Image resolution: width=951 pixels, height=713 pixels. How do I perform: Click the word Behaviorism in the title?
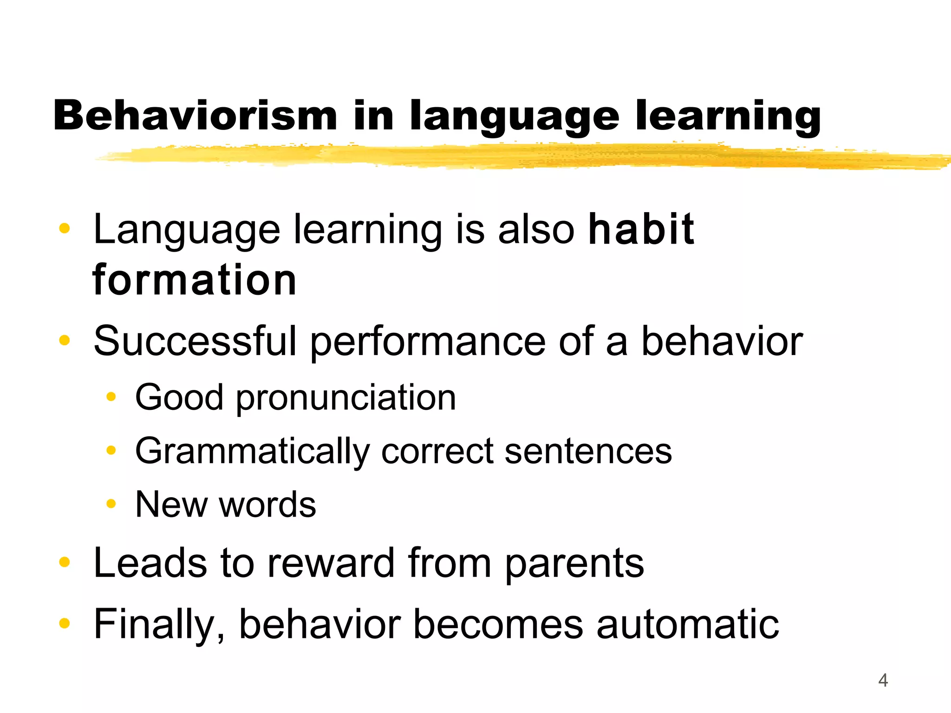tap(195, 116)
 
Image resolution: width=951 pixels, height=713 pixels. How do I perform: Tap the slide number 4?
tap(883, 681)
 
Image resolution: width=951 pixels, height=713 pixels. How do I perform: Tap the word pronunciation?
tap(346, 398)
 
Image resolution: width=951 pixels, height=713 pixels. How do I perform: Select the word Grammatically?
tap(252, 451)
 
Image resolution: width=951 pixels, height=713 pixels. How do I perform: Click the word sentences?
tap(588, 451)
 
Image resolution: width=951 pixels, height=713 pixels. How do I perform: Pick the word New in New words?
tap(171, 505)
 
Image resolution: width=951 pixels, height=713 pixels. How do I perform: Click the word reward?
tap(331, 563)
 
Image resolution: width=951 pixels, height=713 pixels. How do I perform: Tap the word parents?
tap(574, 564)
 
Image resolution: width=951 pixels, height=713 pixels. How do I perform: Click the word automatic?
tap(687, 625)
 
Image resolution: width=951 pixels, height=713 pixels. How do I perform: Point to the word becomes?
tap(498, 625)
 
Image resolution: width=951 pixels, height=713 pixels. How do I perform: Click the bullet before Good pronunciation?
tap(111, 396)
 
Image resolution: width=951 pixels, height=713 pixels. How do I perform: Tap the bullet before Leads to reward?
tap(64, 562)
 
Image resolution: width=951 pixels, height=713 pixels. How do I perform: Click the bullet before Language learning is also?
tap(64, 228)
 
